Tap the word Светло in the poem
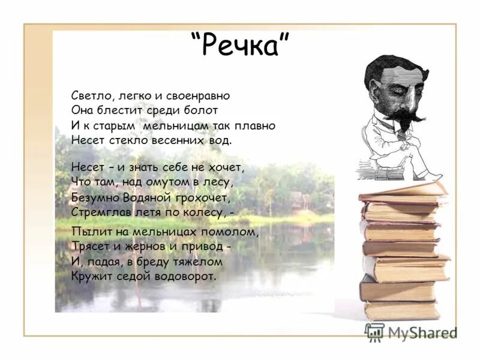coord(90,95)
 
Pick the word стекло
coord(126,140)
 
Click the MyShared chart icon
coord(374,332)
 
